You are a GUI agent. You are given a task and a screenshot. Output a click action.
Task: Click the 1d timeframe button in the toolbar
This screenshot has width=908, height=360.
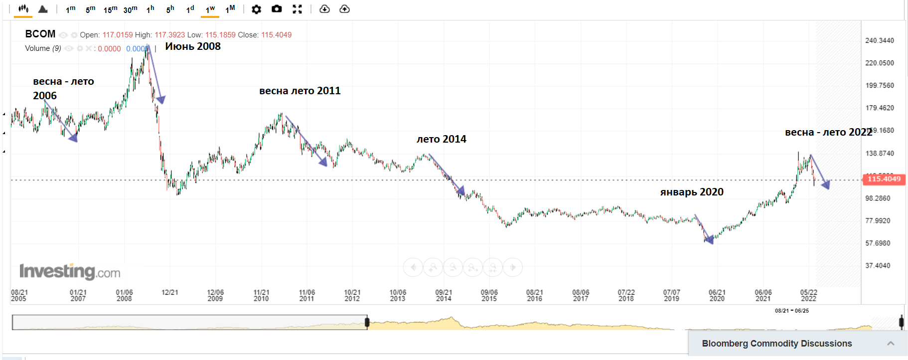[x=190, y=9]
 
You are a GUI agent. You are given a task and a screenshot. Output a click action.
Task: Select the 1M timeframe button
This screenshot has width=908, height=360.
[x=230, y=9]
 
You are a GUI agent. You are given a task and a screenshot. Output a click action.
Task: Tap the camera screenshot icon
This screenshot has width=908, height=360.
[x=277, y=9]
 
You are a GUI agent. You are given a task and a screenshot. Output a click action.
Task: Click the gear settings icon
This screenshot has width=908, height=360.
[x=256, y=9]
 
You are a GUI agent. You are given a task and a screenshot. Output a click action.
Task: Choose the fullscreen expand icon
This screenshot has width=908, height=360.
[x=297, y=9]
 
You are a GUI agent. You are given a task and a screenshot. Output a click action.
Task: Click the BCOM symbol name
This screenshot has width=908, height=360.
[x=40, y=34]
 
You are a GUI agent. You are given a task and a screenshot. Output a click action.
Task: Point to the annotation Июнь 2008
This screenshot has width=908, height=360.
[x=193, y=46]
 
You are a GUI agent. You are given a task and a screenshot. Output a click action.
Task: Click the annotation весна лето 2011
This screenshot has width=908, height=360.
[x=300, y=91]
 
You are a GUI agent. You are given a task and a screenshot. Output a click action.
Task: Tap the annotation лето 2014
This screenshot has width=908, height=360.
[x=441, y=139]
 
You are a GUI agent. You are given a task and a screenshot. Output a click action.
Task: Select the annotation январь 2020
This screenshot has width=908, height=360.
[x=692, y=192]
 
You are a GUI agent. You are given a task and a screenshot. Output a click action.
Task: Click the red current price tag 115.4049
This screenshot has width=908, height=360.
[x=884, y=179]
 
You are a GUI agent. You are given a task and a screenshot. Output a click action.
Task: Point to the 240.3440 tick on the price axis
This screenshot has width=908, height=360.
[x=880, y=40]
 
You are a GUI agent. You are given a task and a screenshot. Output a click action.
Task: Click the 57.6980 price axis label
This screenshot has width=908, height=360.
[x=878, y=243]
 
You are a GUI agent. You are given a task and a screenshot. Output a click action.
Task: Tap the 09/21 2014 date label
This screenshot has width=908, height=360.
[x=444, y=296]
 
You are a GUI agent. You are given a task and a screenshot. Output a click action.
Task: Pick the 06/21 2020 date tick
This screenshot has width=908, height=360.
[x=717, y=296]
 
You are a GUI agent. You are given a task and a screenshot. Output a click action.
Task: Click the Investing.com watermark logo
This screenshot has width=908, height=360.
[x=70, y=272]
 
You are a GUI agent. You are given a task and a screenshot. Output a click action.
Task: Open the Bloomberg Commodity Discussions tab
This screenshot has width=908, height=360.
[x=776, y=344]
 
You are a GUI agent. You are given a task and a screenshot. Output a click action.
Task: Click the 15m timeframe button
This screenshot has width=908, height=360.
[x=110, y=9]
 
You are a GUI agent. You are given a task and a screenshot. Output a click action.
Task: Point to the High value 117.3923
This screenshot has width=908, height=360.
[x=169, y=35]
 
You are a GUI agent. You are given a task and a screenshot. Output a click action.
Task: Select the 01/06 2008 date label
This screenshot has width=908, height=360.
[x=124, y=296]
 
